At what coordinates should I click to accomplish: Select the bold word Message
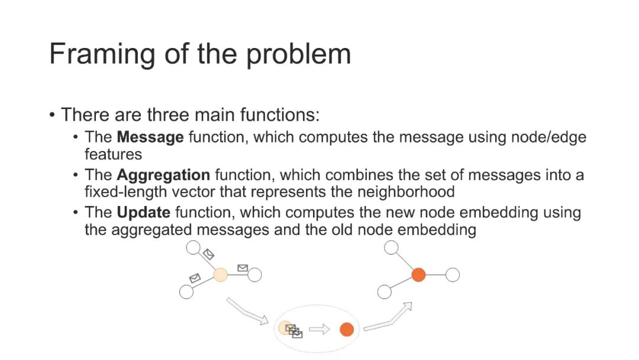click(x=150, y=138)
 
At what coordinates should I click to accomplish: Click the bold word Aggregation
click(x=163, y=175)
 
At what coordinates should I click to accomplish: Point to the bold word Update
click(x=144, y=213)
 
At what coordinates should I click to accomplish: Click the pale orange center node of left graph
click(x=220, y=275)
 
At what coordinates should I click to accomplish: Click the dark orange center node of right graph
click(x=418, y=275)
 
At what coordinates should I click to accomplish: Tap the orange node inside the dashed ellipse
click(x=347, y=330)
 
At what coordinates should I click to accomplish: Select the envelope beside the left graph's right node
click(x=242, y=268)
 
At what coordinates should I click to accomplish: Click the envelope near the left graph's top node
click(x=208, y=255)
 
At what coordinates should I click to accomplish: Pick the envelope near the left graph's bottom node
click(x=195, y=278)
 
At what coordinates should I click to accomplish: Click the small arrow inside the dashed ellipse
click(x=319, y=330)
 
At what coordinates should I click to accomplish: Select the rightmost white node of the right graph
click(x=453, y=275)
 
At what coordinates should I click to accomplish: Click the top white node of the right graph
click(x=391, y=247)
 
